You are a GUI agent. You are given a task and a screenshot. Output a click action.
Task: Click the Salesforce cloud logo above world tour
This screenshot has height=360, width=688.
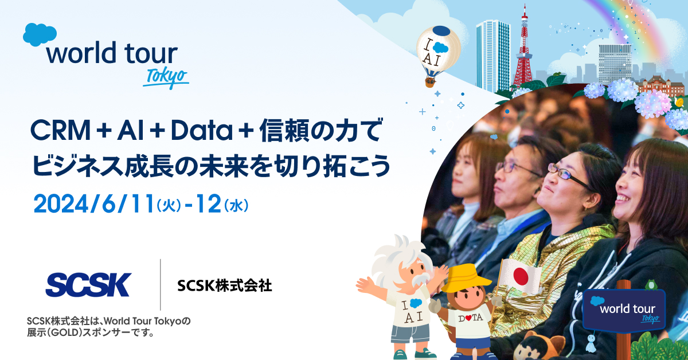[40, 35]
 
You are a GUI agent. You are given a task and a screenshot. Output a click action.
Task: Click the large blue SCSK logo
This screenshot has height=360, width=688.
[88, 284]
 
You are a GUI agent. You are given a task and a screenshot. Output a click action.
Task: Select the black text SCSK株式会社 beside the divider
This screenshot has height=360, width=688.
[225, 285]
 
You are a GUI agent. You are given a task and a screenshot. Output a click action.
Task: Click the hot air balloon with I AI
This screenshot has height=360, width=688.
[438, 52]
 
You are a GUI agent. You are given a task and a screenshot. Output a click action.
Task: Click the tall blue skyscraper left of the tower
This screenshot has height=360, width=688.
[492, 54]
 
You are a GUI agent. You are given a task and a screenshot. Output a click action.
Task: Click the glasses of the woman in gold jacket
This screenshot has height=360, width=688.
[568, 175]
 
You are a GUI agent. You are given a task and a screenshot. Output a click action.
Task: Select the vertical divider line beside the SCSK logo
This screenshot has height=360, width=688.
[161, 284]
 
